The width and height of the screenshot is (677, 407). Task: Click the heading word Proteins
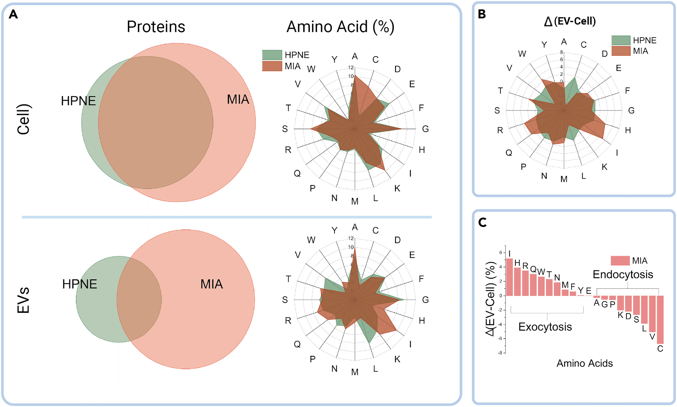point(156,27)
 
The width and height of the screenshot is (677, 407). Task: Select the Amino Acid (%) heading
point(340,27)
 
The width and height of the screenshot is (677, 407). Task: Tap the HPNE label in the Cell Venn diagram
point(78,101)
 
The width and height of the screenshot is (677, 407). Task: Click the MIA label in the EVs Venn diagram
point(211,284)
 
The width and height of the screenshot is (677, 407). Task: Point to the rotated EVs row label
point(23,300)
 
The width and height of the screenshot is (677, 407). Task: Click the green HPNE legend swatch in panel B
point(621,40)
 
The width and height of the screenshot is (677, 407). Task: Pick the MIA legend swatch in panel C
point(620,261)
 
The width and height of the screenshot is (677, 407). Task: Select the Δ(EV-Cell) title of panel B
point(570,21)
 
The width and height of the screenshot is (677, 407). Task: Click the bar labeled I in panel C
point(509,277)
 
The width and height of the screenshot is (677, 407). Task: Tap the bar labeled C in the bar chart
point(660,320)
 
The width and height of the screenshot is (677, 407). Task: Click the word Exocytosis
point(545,327)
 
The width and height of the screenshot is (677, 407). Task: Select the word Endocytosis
point(623,275)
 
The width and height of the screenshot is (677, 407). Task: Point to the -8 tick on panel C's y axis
point(500,353)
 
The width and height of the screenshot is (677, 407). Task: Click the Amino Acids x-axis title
point(584,363)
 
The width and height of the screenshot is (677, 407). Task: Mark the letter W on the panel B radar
point(522,54)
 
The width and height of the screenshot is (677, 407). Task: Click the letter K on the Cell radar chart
point(397,189)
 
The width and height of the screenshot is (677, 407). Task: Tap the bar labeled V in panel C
point(652,314)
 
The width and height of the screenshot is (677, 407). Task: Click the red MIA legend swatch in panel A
point(272,66)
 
